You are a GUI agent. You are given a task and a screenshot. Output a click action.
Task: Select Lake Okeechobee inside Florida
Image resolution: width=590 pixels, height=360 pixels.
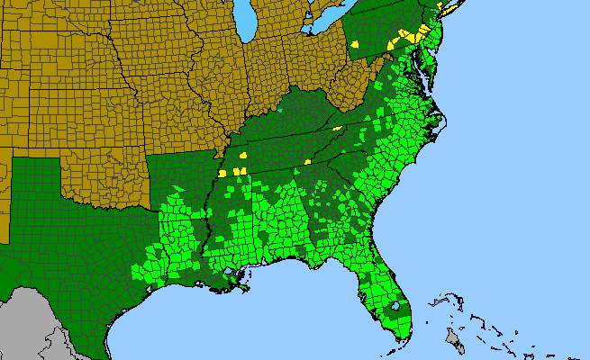point(394,307)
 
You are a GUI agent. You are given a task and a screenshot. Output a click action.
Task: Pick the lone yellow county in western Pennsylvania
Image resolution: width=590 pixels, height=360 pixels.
point(356,42)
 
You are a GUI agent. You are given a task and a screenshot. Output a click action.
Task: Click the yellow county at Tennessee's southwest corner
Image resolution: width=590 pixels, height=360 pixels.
point(222,174)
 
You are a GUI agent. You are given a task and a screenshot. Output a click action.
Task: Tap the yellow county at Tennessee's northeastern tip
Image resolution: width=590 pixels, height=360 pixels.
point(337,129)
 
